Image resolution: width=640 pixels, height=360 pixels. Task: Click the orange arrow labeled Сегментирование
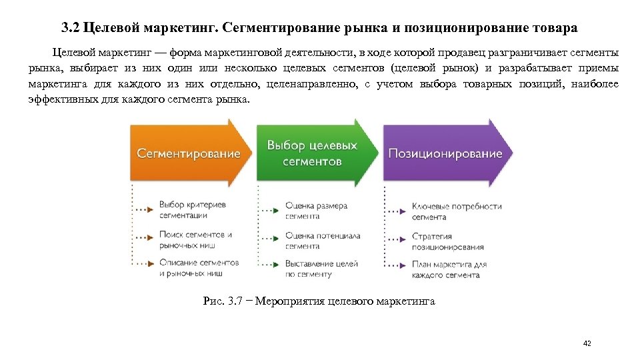pos(189,153)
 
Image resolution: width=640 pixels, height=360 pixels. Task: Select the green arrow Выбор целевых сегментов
pos(312,153)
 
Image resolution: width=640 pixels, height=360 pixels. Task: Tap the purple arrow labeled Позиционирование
pos(445,153)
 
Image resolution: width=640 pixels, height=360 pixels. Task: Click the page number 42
pos(587,343)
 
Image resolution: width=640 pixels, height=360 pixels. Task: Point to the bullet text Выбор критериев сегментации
pos(192,210)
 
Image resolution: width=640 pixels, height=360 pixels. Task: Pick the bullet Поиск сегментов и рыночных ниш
pos(195,239)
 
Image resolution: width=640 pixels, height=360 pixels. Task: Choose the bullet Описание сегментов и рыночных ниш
pos(199,267)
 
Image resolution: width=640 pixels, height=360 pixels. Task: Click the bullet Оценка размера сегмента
pos(316,211)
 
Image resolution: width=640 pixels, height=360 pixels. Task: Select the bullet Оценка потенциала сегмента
pos(323,240)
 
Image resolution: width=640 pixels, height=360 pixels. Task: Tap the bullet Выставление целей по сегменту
pos(321,269)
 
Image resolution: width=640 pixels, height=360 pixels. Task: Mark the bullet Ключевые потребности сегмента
pos(457,211)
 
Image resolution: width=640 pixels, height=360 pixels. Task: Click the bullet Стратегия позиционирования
pos(447,241)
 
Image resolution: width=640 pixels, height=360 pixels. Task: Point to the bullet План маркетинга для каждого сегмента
pos(449,269)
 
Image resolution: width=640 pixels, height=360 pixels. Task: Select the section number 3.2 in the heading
pos(70,29)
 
